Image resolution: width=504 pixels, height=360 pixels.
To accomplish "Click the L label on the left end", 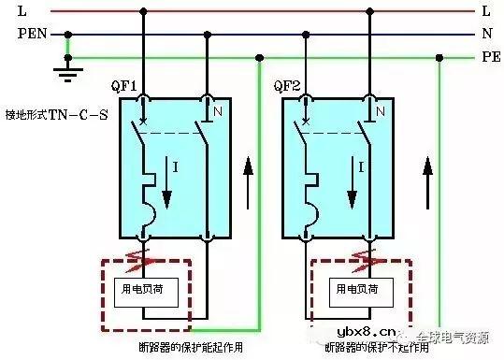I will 21,11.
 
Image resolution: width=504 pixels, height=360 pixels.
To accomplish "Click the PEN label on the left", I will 29,34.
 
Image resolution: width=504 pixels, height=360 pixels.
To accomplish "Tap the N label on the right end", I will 486,34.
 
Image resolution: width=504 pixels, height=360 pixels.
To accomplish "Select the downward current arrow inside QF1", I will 170,185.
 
